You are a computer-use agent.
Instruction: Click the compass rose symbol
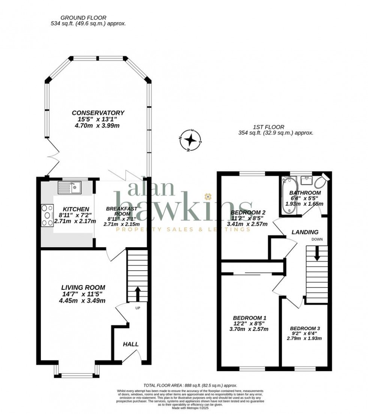(x=191, y=140)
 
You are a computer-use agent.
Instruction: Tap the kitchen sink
(x=70, y=187)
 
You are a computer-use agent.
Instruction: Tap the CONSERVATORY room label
(x=98, y=113)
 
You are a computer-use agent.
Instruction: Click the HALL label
(x=131, y=344)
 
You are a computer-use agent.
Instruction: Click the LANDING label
(x=305, y=232)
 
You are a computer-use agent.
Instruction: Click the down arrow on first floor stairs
(x=317, y=253)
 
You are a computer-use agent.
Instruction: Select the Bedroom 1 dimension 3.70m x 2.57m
(x=249, y=329)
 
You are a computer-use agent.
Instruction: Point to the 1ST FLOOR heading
(x=268, y=127)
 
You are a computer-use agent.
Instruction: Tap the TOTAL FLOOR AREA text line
(x=190, y=385)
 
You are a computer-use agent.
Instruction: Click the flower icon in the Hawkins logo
(x=207, y=196)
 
